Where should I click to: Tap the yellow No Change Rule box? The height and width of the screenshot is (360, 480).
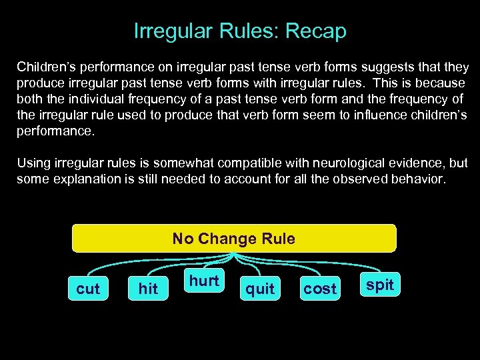point(234,238)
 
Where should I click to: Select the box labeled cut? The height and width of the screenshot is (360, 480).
point(88,289)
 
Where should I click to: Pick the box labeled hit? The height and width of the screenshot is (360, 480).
point(149,289)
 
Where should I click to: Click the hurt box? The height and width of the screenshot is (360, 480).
point(204,281)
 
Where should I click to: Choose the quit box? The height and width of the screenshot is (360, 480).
point(260,289)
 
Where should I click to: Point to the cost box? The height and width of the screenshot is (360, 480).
point(319,289)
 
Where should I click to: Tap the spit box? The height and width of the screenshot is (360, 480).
point(381,285)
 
